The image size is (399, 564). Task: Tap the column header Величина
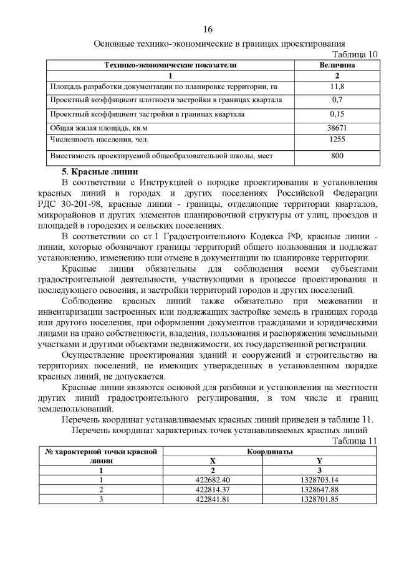point(337,64)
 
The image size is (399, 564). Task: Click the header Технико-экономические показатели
point(170,64)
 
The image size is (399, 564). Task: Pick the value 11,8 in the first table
point(337,86)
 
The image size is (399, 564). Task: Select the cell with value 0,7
point(337,100)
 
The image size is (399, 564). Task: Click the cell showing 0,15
point(337,114)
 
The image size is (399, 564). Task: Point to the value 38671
point(337,128)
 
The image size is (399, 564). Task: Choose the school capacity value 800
point(337,155)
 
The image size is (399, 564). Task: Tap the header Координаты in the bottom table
point(270,451)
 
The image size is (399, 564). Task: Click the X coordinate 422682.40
point(213,480)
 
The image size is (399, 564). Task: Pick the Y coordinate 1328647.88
point(319,490)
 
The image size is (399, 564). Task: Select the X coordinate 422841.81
point(213,499)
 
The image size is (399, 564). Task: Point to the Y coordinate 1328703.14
point(319,480)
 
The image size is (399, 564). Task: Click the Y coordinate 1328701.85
point(319,499)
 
